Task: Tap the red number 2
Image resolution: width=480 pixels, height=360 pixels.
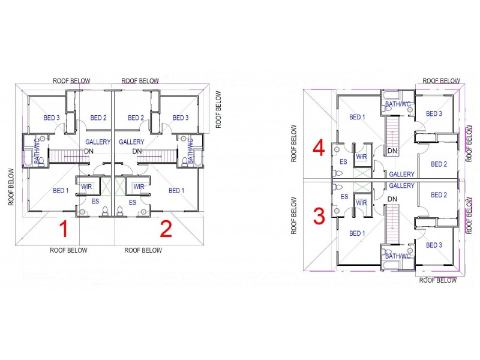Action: pos(166,229)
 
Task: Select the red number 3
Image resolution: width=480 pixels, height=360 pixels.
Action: pos(319,215)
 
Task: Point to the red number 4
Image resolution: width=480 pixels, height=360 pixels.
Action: pos(319,148)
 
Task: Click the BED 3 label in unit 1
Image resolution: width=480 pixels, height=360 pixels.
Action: pos(51,118)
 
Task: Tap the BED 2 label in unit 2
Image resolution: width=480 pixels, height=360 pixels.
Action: pos(136,118)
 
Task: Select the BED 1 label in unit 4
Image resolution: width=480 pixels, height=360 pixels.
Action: pos(356,118)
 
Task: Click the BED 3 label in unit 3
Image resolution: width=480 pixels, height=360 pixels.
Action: pos(434,245)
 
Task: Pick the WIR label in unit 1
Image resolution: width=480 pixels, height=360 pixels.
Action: pos(86,187)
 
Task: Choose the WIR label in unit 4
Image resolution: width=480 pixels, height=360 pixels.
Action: pos(361,157)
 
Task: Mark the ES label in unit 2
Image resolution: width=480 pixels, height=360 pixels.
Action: pos(133,203)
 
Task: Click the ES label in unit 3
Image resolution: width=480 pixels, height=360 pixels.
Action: pos(344,196)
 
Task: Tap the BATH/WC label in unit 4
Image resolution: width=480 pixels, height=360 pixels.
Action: pos(397,104)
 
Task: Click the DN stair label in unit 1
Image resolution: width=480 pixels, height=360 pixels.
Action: pos(88,151)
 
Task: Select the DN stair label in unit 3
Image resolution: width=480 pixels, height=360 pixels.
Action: pos(393,199)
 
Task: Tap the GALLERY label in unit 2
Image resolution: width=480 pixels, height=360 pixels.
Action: pos(131,142)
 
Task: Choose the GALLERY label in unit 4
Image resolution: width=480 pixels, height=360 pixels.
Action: pos(401,175)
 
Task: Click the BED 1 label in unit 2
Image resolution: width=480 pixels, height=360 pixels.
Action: pos(176,191)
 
